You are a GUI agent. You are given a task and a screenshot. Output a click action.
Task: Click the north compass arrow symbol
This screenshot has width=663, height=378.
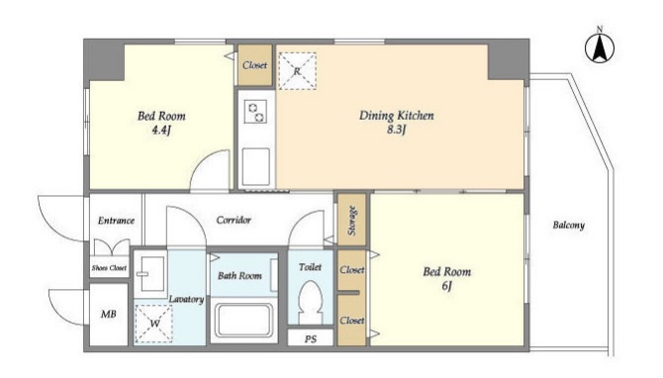600,47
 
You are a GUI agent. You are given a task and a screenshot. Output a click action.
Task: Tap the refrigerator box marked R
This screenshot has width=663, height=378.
297,71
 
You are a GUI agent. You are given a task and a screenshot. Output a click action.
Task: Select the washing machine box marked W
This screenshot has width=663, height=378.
154,323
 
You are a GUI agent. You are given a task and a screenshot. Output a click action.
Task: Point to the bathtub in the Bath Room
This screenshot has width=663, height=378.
242,320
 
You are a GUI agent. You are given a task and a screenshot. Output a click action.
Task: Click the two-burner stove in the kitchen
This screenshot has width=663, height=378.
256,111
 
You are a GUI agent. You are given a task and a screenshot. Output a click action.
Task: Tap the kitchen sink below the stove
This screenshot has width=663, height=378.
256,166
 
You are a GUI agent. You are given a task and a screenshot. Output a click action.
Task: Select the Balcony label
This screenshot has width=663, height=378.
568,225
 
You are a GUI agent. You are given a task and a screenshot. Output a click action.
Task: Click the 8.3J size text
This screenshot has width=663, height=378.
396,130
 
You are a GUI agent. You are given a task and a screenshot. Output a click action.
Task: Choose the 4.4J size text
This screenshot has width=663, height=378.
161,130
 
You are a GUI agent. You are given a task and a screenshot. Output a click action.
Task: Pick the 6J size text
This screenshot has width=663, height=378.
447,286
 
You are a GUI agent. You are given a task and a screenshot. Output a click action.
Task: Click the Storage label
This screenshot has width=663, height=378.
351,221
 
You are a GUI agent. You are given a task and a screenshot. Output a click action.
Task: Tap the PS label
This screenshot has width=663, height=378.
311,339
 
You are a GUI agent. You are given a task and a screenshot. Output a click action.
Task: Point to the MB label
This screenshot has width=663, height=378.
108,314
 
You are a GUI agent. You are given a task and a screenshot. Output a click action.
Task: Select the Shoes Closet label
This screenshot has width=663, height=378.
109,267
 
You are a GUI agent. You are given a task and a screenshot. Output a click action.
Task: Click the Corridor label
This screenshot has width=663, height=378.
234,220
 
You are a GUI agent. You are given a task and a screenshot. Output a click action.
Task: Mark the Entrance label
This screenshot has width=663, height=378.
117,221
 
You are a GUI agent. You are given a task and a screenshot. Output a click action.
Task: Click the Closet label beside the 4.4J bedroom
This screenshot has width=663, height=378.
254,65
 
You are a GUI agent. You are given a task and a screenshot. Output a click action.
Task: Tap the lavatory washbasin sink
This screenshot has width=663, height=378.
150,273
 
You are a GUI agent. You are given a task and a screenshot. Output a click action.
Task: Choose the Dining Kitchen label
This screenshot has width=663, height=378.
396,116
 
